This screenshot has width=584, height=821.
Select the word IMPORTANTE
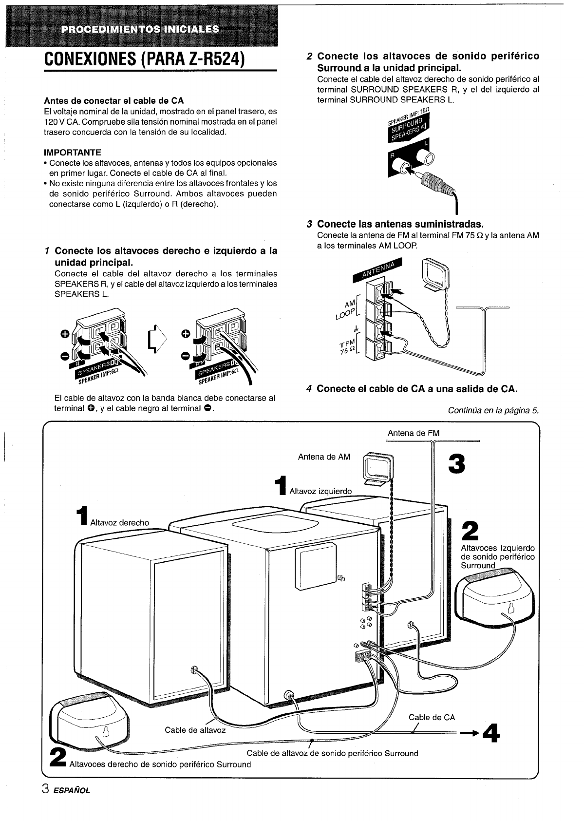(x=72, y=153)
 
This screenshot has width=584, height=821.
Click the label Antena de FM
(x=413, y=433)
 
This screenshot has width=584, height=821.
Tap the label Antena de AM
(x=324, y=457)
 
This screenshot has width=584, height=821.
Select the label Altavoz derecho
(x=120, y=522)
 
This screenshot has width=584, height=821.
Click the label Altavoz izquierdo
(x=320, y=491)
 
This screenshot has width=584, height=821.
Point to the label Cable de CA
(x=432, y=717)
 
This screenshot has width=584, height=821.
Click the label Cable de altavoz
(x=195, y=730)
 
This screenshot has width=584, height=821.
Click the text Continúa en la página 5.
(x=493, y=410)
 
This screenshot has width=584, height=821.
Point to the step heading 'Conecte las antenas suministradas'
(x=399, y=224)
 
